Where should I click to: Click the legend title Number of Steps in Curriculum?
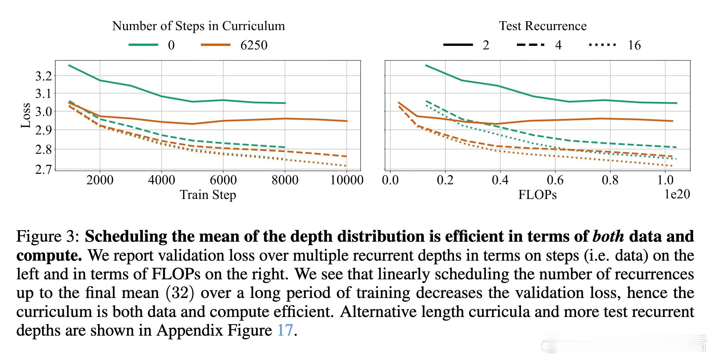[198, 26]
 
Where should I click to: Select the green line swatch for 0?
[143, 45]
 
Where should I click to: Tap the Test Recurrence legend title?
[542, 26]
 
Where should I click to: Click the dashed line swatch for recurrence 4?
[530, 45]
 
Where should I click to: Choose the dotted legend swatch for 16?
[602, 45]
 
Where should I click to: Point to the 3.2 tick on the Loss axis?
[43, 76]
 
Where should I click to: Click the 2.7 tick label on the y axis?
[43, 170]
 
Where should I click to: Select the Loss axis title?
[26, 115]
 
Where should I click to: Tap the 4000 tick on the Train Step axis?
[161, 180]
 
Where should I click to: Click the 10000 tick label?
[347, 180]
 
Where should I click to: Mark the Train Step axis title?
[208, 195]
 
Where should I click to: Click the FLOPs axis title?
[537, 195]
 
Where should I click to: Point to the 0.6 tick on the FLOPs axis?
[555, 180]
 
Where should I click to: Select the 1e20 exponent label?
[677, 194]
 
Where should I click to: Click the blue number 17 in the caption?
[285, 330]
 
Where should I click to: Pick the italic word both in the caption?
[608, 236]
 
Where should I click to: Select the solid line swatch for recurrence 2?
[458, 45]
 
